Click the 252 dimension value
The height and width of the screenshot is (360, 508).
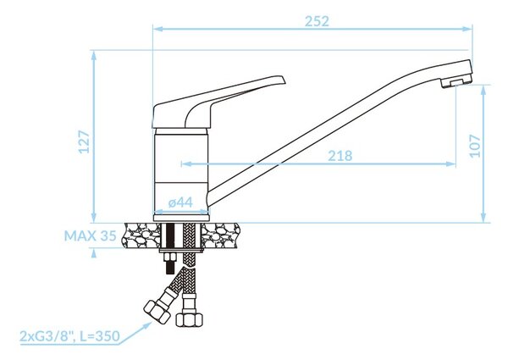(x=317, y=21)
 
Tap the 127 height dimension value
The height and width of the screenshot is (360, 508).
(x=85, y=141)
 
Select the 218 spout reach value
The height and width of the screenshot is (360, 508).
(x=340, y=156)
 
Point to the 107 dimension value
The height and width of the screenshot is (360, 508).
(x=475, y=146)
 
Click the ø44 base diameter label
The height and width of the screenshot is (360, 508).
(x=181, y=202)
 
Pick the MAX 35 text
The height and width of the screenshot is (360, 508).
(x=90, y=235)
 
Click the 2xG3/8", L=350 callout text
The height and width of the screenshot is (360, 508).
(x=69, y=336)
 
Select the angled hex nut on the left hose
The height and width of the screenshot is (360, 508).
(x=157, y=312)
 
